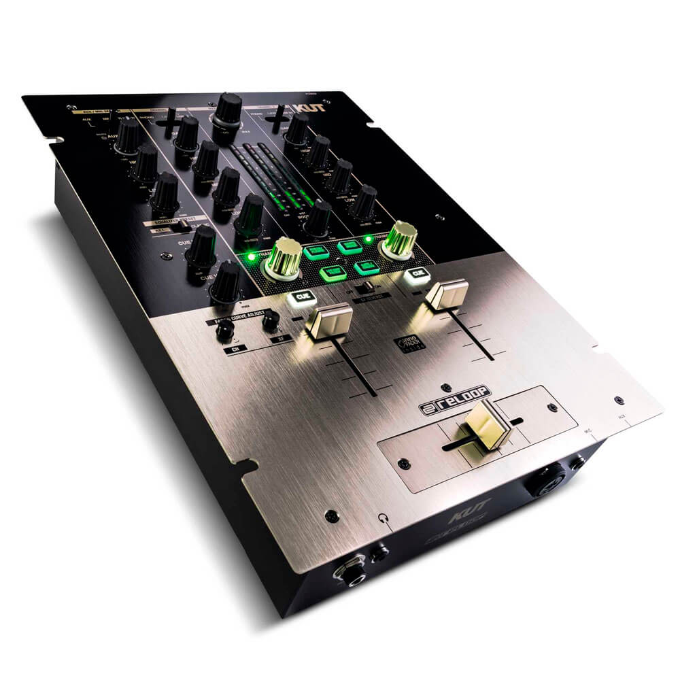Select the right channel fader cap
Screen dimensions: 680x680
coord(447,292)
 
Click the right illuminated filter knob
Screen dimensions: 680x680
coord(401,240)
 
